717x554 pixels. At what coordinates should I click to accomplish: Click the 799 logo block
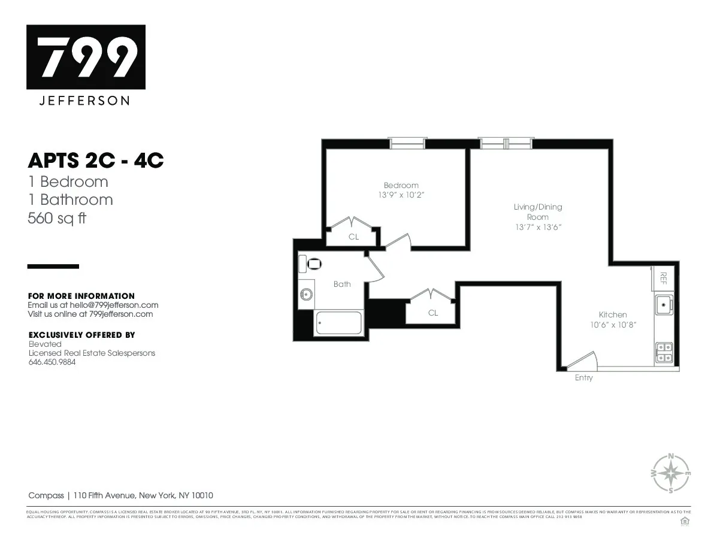86,57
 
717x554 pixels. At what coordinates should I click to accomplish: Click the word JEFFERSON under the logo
84,101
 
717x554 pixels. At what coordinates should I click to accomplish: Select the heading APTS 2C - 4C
96,161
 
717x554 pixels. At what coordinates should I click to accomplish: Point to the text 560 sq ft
57,219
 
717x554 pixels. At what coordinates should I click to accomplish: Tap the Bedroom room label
401,185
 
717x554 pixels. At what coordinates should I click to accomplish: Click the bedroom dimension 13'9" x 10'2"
401,195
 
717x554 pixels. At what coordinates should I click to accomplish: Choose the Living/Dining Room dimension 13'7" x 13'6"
537,227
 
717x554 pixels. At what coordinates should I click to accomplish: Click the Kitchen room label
613,314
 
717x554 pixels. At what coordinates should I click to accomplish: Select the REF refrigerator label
662,277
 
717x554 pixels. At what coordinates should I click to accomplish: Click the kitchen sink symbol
663,304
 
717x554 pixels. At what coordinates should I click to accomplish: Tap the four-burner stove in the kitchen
664,352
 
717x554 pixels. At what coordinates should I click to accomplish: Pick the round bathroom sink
307,293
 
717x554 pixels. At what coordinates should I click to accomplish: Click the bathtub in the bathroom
338,323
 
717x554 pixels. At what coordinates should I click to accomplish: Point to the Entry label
583,378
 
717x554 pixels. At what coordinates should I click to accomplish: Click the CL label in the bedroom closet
353,237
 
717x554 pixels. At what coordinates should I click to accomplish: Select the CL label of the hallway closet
432,313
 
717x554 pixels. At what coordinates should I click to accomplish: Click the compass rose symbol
670,473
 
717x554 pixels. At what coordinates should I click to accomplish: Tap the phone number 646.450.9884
53,362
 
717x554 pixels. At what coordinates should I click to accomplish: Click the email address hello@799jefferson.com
114,305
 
